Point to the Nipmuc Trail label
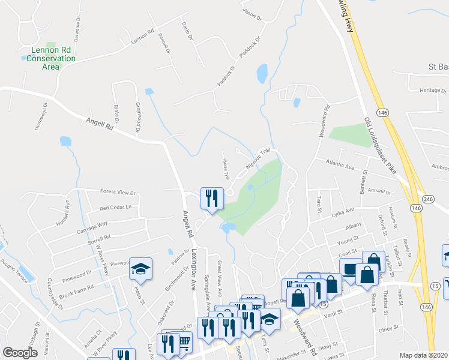click(259, 158)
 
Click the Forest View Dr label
click(118, 193)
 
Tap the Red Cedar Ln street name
click(115, 208)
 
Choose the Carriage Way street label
click(92, 226)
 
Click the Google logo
click(20, 353)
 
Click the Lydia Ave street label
click(342, 211)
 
